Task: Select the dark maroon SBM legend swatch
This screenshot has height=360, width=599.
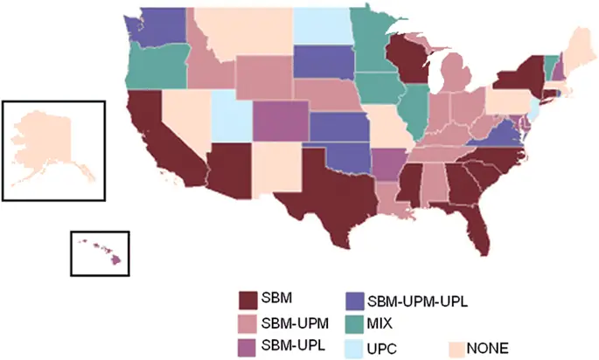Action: point(251,301)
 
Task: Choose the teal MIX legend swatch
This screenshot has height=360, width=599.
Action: point(357,323)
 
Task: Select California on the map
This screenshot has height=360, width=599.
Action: point(157,140)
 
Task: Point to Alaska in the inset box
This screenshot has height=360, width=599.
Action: point(48,149)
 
